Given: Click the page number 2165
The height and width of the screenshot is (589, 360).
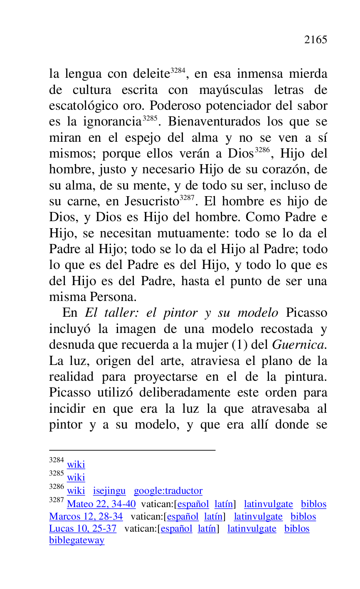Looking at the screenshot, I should pyautogui.click(x=316, y=40).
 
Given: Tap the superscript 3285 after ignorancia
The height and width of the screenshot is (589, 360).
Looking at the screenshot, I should pyautogui.click(x=150, y=118).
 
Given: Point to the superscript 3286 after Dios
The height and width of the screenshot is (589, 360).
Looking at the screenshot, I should pyautogui.click(x=262, y=150).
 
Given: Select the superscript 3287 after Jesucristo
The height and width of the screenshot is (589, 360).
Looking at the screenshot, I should pyautogui.click(x=186, y=198).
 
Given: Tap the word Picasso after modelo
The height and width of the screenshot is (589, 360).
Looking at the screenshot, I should pyautogui.click(x=307, y=313).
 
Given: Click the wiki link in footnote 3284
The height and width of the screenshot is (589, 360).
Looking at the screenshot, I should pyautogui.click(x=76, y=464).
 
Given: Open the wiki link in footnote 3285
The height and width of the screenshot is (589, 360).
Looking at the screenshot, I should pyautogui.click(x=76, y=477).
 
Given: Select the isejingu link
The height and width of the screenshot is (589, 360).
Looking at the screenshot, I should pyautogui.click(x=109, y=491).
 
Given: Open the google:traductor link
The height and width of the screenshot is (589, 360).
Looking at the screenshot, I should pyautogui.click(x=168, y=491).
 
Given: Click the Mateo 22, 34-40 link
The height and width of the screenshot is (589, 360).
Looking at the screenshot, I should pyautogui.click(x=101, y=504).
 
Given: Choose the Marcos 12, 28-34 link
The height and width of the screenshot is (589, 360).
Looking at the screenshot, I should pyautogui.click(x=86, y=517).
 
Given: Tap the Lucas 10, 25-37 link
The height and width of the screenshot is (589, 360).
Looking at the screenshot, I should pyautogui.click(x=83, y=529).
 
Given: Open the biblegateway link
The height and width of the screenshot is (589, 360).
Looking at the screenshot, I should pyautogui.click(x=77, y=541).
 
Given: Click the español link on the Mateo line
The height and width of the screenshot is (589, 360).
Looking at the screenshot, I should pyautogui.click(x=193, y=504).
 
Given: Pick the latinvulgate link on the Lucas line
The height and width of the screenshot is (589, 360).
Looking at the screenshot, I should pyautogui.click(x=252, y=529).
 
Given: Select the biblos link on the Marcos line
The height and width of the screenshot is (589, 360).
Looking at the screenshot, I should pyautogui.click(x=303, y=517).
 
